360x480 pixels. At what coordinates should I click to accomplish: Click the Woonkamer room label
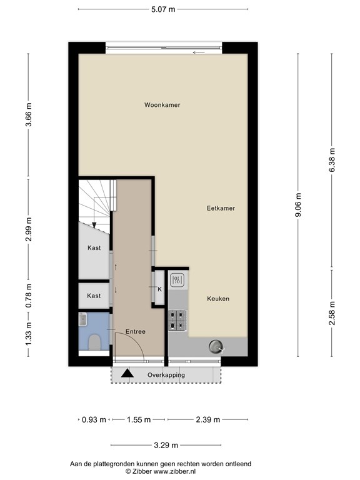162,105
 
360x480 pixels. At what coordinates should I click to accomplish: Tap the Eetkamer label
221,208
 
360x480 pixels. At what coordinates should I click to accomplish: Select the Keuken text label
218,299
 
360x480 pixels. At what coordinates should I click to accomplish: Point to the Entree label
135,331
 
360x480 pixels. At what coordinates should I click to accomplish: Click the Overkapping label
166,375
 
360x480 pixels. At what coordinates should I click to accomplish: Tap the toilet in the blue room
94,342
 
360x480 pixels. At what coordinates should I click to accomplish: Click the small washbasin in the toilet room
83,319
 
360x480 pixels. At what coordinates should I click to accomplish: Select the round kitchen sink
216,346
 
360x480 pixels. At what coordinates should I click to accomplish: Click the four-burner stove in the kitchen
177,321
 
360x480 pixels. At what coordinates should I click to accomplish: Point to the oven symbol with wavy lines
177,280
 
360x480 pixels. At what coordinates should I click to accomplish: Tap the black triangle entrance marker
127,374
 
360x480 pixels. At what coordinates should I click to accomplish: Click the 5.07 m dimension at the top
163,9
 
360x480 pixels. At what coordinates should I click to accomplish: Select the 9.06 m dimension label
298,205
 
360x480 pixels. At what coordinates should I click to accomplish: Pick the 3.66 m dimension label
29,115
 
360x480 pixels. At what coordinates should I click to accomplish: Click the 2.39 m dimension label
208,420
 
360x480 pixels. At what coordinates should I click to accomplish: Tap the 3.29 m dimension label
166,445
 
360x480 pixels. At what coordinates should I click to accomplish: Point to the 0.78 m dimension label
29,296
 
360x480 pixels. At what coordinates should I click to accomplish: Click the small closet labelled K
159,288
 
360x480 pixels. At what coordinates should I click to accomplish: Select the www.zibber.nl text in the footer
174,471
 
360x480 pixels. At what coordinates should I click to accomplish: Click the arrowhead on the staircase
94,225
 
